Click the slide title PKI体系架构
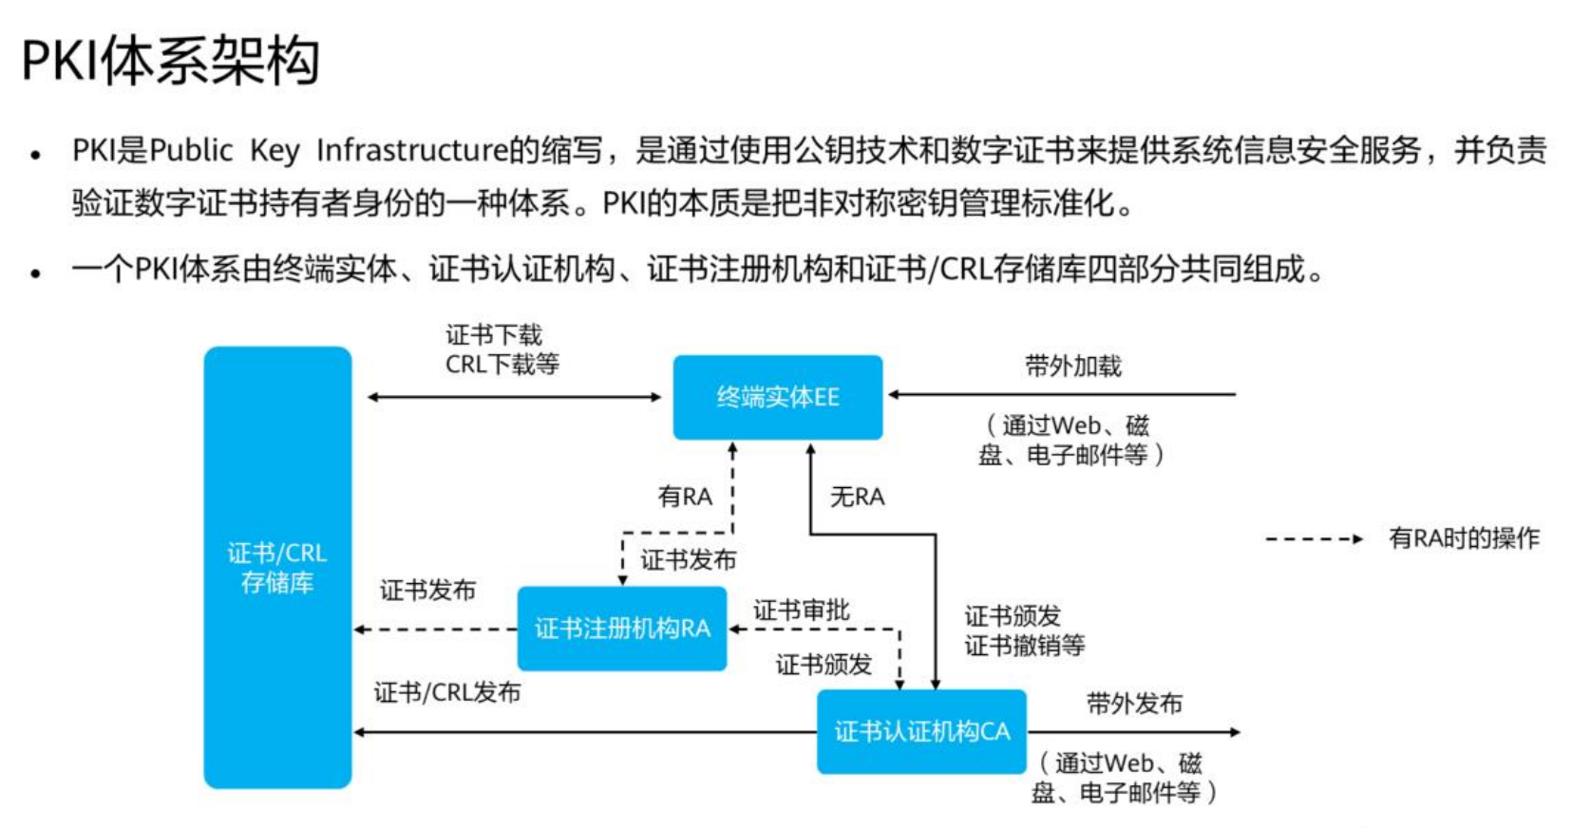(x=170, y=61)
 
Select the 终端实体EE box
(x=777, y=397)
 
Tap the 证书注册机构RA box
(x=621, y=629)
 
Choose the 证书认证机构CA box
(x=921, y=731)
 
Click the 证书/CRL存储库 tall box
(x=277, y=567)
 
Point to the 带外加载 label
(x=1072, y=367)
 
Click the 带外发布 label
(x=1134, y=704)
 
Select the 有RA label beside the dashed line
(x=684, y=497)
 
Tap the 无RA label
(x=857, y=497)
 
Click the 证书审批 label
(x=801, y=611)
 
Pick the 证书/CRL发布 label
(x=446, y=692)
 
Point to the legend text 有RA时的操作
(x=1463, y=538)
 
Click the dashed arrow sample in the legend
(x=1314, y=539)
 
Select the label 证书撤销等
(x=1024, y=646)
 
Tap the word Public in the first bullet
(x=191, y=150)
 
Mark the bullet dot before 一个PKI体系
(x=35, y=273)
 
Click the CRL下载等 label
(x=502, y=364)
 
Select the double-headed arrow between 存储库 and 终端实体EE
(x=513, y=397)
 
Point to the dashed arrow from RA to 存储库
(x=435, y=630)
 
